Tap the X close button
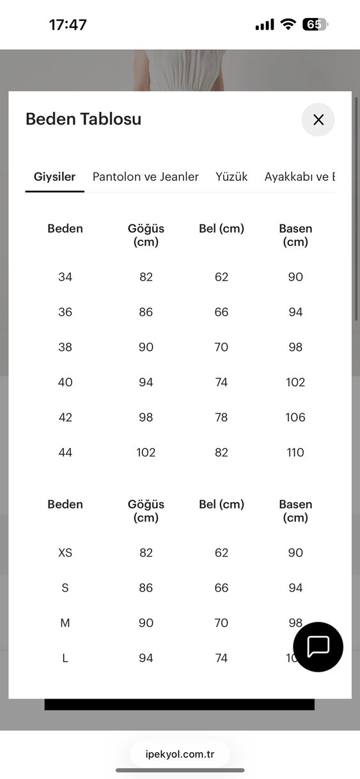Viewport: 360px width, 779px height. [x=318, y=120]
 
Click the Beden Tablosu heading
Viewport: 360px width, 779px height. [x=83, y=119]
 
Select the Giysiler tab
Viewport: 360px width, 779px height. [x=54, y=176]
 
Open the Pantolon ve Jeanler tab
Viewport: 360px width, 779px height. [x=146, y=176]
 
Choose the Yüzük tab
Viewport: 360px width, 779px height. [x=231, y=176]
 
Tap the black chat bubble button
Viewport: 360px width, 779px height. [x=318, y=646]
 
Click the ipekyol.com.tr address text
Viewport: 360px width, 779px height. [x=180, y=754]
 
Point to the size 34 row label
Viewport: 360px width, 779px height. [x=65, y=277]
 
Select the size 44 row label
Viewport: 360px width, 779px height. [x=65, y=452]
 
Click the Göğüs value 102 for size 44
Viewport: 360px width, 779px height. [x=146, y=452]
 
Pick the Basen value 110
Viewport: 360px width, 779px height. [x=295, y=452]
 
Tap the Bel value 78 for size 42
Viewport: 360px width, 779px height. [x=221, y=417]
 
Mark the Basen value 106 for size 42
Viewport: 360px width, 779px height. [x=295, y=417]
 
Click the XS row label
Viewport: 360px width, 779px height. [x=65, y=553]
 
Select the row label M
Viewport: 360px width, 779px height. [x=65, y=623]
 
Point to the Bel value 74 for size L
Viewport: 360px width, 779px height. [x=221, y=658]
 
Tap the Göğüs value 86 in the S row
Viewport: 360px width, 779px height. [x=146, y=588]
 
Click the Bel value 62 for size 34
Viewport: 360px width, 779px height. [x=221, y=277]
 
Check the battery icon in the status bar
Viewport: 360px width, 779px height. [x=315, y=25]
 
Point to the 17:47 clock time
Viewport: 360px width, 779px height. [x=68, y=25]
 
